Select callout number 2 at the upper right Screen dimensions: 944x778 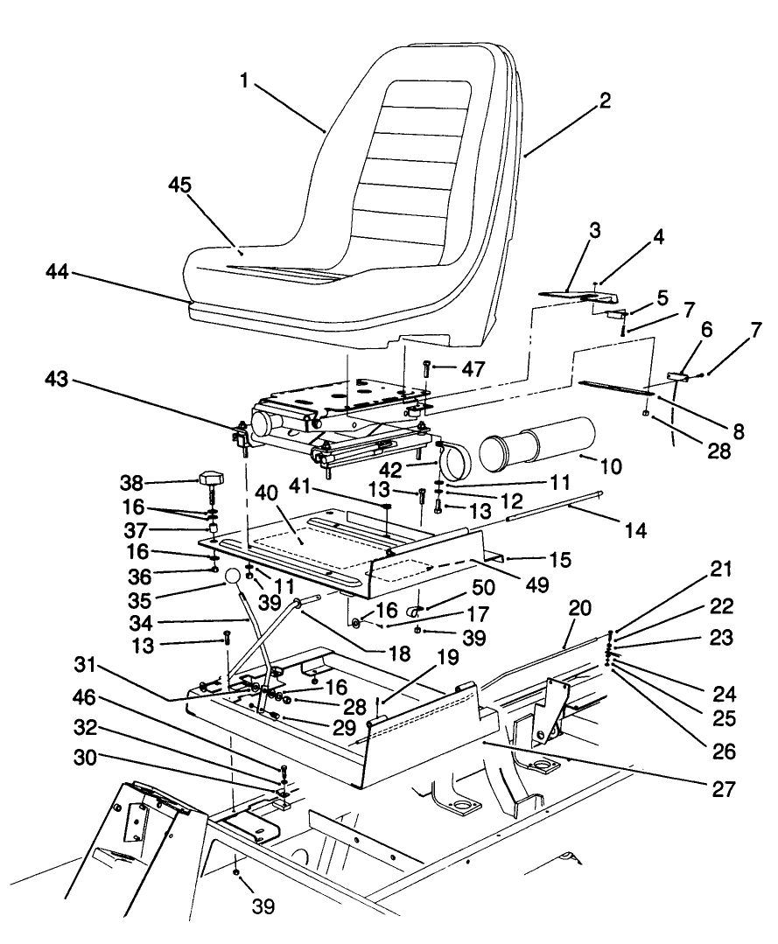(603, 101)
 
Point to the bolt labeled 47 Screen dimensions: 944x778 (425, 370)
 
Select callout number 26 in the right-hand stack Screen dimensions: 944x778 (722, 751)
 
